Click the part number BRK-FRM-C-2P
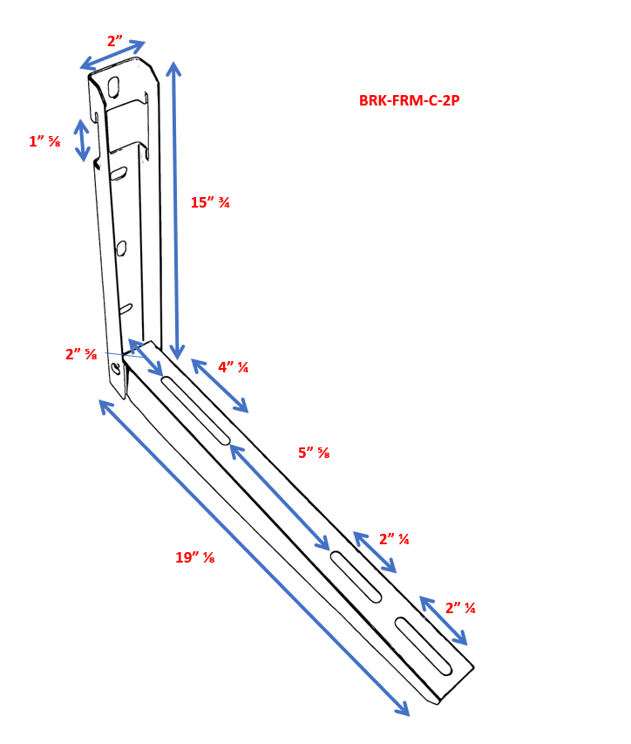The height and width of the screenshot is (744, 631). [409, 100]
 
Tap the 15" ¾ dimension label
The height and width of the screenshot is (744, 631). [210, 202]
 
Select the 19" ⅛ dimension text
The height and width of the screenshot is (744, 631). [194, 557]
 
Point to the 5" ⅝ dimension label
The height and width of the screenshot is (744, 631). [314, 453]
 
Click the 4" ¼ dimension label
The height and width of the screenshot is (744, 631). [233, 367]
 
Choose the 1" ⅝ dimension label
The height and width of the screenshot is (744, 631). [44, 141]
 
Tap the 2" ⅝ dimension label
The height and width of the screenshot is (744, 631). [81, 354]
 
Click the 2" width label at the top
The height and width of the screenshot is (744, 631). [115, 41]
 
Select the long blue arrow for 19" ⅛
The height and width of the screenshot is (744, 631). [254, 557]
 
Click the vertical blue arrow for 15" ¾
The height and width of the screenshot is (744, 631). [175, 210]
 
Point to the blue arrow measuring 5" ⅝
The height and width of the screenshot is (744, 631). [279, 497]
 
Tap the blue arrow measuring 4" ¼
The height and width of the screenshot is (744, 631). [220, 386]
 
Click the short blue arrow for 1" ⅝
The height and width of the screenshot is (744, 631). [82, 140]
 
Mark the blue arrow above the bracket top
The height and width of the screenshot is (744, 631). [112, 55]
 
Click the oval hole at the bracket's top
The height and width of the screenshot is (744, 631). [113, 86]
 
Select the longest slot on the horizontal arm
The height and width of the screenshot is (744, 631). [196, 410]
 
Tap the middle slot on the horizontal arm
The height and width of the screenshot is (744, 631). [356, 577]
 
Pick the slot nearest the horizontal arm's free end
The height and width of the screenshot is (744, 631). [424, 646]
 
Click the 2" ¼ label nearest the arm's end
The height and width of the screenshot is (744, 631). [460, 608]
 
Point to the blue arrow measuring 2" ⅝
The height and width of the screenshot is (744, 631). [146, 357]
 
